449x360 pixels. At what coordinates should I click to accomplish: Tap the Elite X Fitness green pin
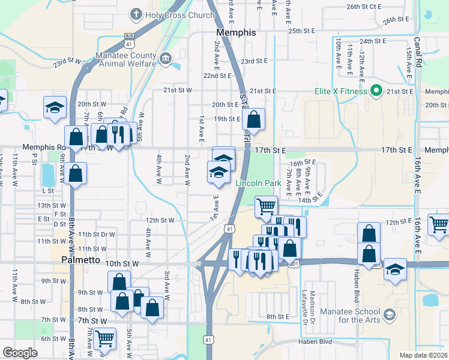click(376, 92)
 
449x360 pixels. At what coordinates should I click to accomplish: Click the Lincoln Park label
click(258, 182)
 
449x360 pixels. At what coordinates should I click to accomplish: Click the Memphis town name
click(236, 32)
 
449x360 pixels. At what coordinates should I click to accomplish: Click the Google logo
click(20, 353)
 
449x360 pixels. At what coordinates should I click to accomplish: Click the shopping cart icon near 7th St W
click(105, 339)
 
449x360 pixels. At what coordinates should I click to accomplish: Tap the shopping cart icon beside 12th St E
click(439, 224)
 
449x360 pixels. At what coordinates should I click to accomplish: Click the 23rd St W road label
click(66, 61)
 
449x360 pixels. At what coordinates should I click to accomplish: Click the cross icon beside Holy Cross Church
click(137, 14)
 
